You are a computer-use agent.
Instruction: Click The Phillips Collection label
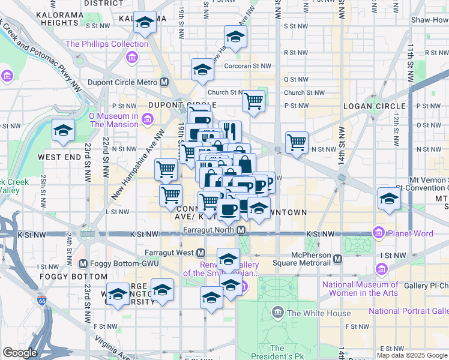[x=107, y=44]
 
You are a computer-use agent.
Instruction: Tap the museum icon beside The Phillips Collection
[x=131, y=58]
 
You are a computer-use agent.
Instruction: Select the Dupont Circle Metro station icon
[x=164, y=82]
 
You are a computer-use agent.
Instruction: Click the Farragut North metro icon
[x=241, y=230]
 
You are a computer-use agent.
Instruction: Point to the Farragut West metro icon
[x=201, y=253]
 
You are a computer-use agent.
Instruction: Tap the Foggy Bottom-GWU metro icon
[x=83, y=263]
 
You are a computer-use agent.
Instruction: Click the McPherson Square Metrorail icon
[x=338, y=259]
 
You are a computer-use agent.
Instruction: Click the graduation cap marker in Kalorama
[x=144, y=23]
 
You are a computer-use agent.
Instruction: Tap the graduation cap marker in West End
[x=62, y=131]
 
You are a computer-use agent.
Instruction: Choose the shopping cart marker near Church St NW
[x=254, y=100]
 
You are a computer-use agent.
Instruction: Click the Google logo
[x=20, y=353]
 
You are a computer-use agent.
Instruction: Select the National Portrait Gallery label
[x=408, y=311]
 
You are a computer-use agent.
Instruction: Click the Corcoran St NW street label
[x=249, y=67]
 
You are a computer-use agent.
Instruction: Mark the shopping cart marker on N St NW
[x=297, y=142]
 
